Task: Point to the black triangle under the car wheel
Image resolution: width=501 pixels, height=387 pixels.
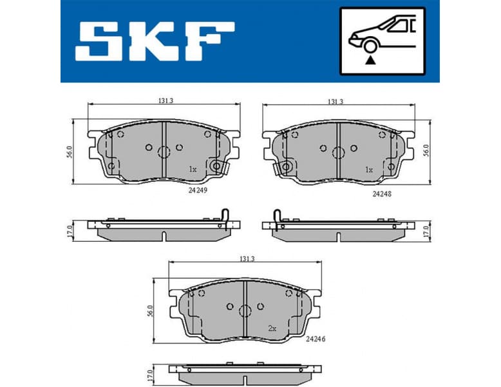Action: coord(370,61)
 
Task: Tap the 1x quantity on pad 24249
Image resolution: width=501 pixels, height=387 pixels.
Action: coord(192,169)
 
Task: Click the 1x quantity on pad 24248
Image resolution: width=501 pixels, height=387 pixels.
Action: coord(369,170)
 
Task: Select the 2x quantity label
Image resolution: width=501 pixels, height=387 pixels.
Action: coord(272,328)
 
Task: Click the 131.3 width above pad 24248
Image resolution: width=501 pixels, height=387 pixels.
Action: coord(335,101)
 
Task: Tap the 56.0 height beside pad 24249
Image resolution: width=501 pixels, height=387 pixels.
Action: coord(69,152)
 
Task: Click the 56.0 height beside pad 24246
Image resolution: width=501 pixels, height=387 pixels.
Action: coord(149,311)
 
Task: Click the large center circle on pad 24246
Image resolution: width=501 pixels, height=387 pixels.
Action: coord(245,310)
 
